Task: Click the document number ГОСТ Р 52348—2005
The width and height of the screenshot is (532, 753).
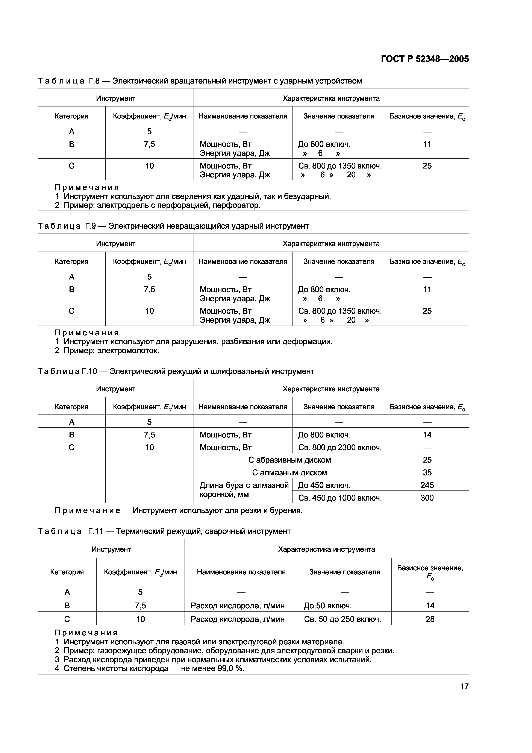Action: [x=425, y=59]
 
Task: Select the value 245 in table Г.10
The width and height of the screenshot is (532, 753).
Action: [x=427, y=485]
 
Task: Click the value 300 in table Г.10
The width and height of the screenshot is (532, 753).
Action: [x=427, y=498]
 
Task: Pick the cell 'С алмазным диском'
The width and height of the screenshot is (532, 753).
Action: [x=289, y=473]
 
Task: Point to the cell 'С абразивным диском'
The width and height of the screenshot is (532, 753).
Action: [x=289, y=460]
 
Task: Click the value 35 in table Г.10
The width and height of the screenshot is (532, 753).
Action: [x=427, y=473]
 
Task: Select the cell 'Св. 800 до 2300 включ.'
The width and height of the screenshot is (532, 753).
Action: [x=340, y=447]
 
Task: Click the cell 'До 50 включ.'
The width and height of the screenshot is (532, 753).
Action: [x=327, y=605]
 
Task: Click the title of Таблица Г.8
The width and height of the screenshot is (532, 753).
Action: [x=200, y=81]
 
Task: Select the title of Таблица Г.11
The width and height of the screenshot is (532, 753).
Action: [x=164, y=531]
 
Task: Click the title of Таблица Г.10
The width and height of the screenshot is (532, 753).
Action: [x=176, y=371]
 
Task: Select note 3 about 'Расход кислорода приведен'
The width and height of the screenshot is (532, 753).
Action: [x=213, y=660]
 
